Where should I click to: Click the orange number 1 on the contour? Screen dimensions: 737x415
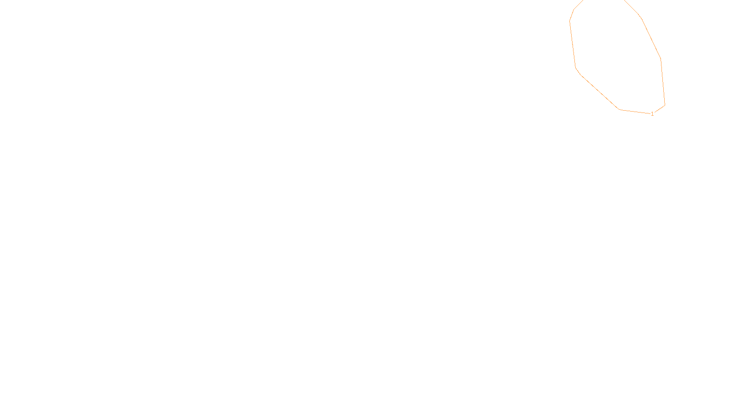[652, 114]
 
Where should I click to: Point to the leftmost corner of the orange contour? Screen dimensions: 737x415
[570, 21]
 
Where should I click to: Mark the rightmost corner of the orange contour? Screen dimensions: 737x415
[665, 105]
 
